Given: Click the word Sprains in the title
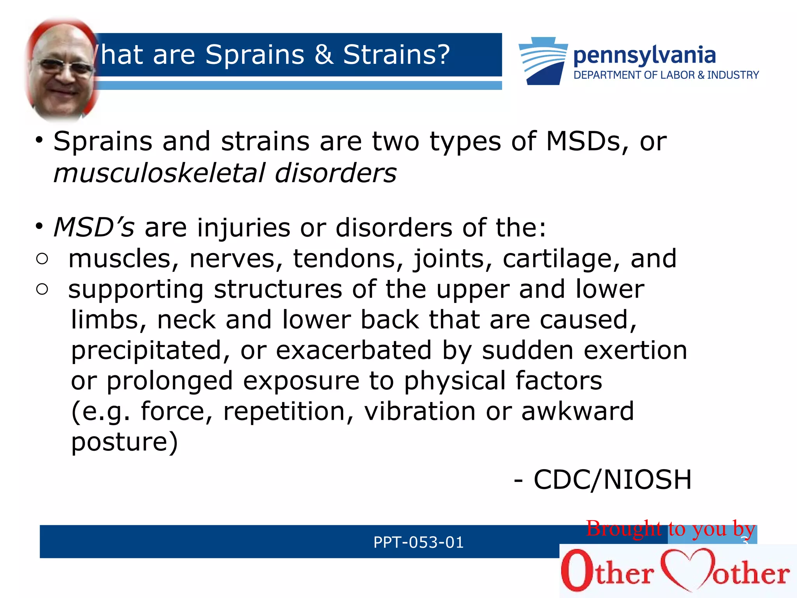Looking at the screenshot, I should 255,55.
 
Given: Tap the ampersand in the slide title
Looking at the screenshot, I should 324,55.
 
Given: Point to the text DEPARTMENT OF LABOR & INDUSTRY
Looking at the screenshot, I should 666,75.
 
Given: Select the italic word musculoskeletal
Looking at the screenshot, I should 160,173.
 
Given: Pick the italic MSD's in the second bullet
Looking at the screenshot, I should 94,227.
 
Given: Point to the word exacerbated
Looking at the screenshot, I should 354,350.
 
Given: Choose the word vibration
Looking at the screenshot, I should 420,412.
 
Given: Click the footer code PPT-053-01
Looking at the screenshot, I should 418,542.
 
